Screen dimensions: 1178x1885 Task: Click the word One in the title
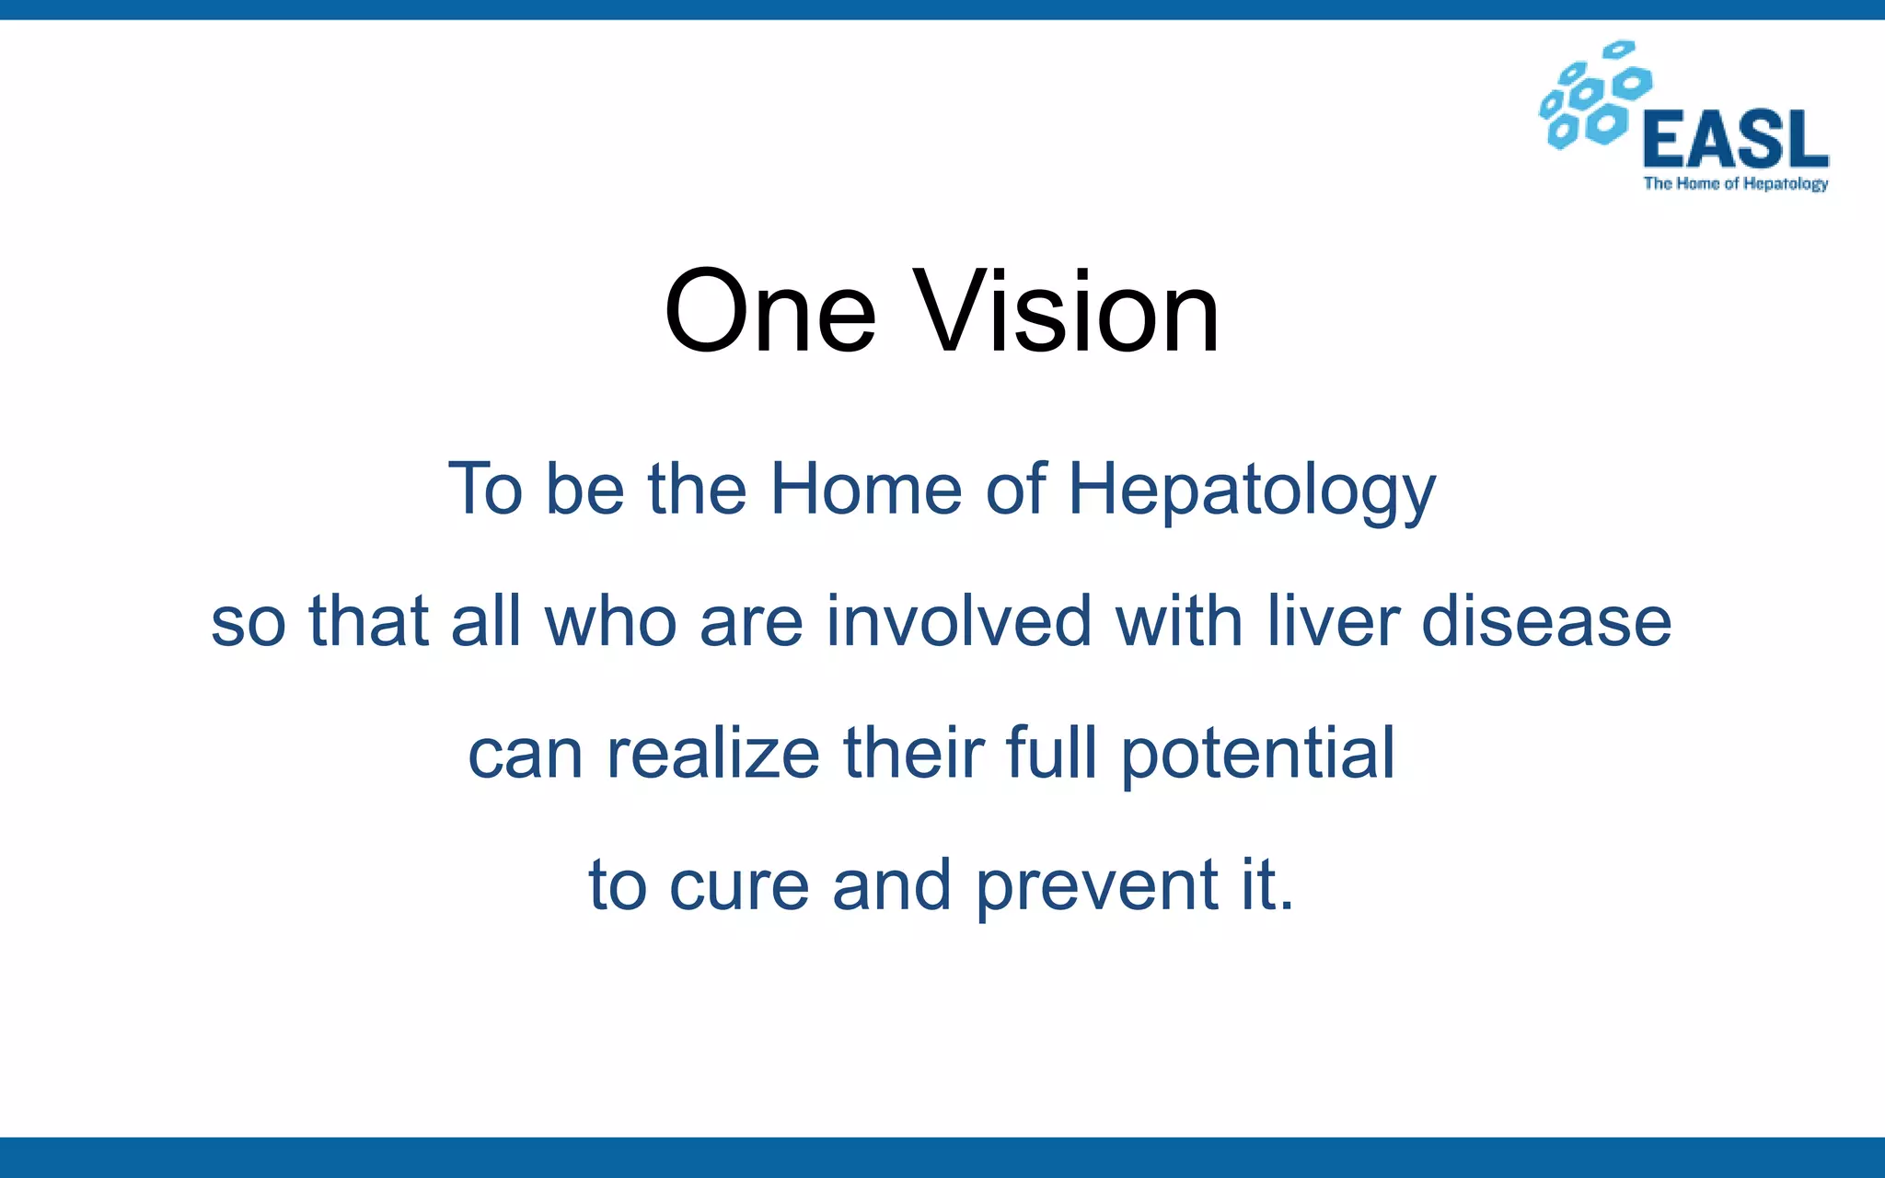[x=769, y=311]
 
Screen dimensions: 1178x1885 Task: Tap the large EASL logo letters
[x=1736, y=140]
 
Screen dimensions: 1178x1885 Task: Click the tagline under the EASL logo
[x=1736, y=183]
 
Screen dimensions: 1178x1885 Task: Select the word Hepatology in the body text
[x=1251, y=490]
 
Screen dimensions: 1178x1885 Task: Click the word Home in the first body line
[x=865, y=488]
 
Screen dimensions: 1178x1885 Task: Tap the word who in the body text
[x=611, y=620]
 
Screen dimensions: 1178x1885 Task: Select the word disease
[x=1546, y=620]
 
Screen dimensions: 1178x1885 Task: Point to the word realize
[x=713, y=753]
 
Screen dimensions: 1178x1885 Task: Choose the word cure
[x=739, y=885]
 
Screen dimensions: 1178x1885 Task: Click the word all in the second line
[x=486, y=620]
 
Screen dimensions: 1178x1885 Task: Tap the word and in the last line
[x=891, y=885]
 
